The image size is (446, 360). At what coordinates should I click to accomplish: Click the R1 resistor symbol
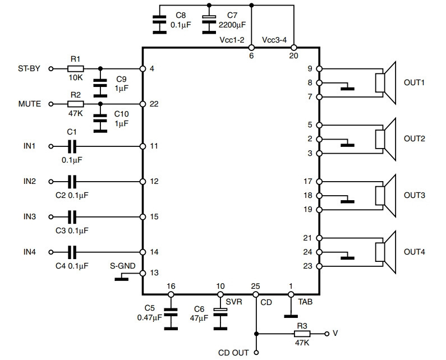pyautogui.click(x=76, y=68)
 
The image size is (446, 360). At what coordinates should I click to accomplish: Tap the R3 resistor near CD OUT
pyautogui.click(x=302, y=334)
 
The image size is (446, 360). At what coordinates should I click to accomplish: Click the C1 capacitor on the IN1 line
pyautogui.click(x=72, y=146)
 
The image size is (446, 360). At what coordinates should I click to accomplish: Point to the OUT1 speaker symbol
pyautogui.click(x=385, y=83)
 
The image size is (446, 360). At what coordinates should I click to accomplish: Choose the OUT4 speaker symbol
pyautogui.click(x=385, y=252)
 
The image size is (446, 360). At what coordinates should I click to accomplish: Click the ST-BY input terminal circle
pyautogui.click(x=51, y=68)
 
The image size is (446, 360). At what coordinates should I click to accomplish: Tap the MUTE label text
pyautogui.click(x=30, y=104)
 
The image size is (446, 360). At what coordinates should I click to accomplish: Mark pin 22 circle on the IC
pyautogui.click(x=143, y=104)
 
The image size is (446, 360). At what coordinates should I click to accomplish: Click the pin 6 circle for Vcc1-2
pyautogui.click(x=251, y=48)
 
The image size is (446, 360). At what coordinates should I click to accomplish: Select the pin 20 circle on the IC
pyautogui.click(x=293, y=48)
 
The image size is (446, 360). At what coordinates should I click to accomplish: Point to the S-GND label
pyautogui.click(x=123, y=266)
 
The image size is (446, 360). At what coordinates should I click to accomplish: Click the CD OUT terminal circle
pyautogui.click(x=256, y=353)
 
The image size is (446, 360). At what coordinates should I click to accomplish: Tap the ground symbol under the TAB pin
pyautogui.click(x=291, y=316)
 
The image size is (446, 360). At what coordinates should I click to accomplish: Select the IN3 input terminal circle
pyautogui.click(x=51, y=217)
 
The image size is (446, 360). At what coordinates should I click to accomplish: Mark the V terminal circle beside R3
pyautogui.click(x=327, y=334)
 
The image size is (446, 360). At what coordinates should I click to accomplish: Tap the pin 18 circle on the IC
pyautogui.click(x=319, y=196)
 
